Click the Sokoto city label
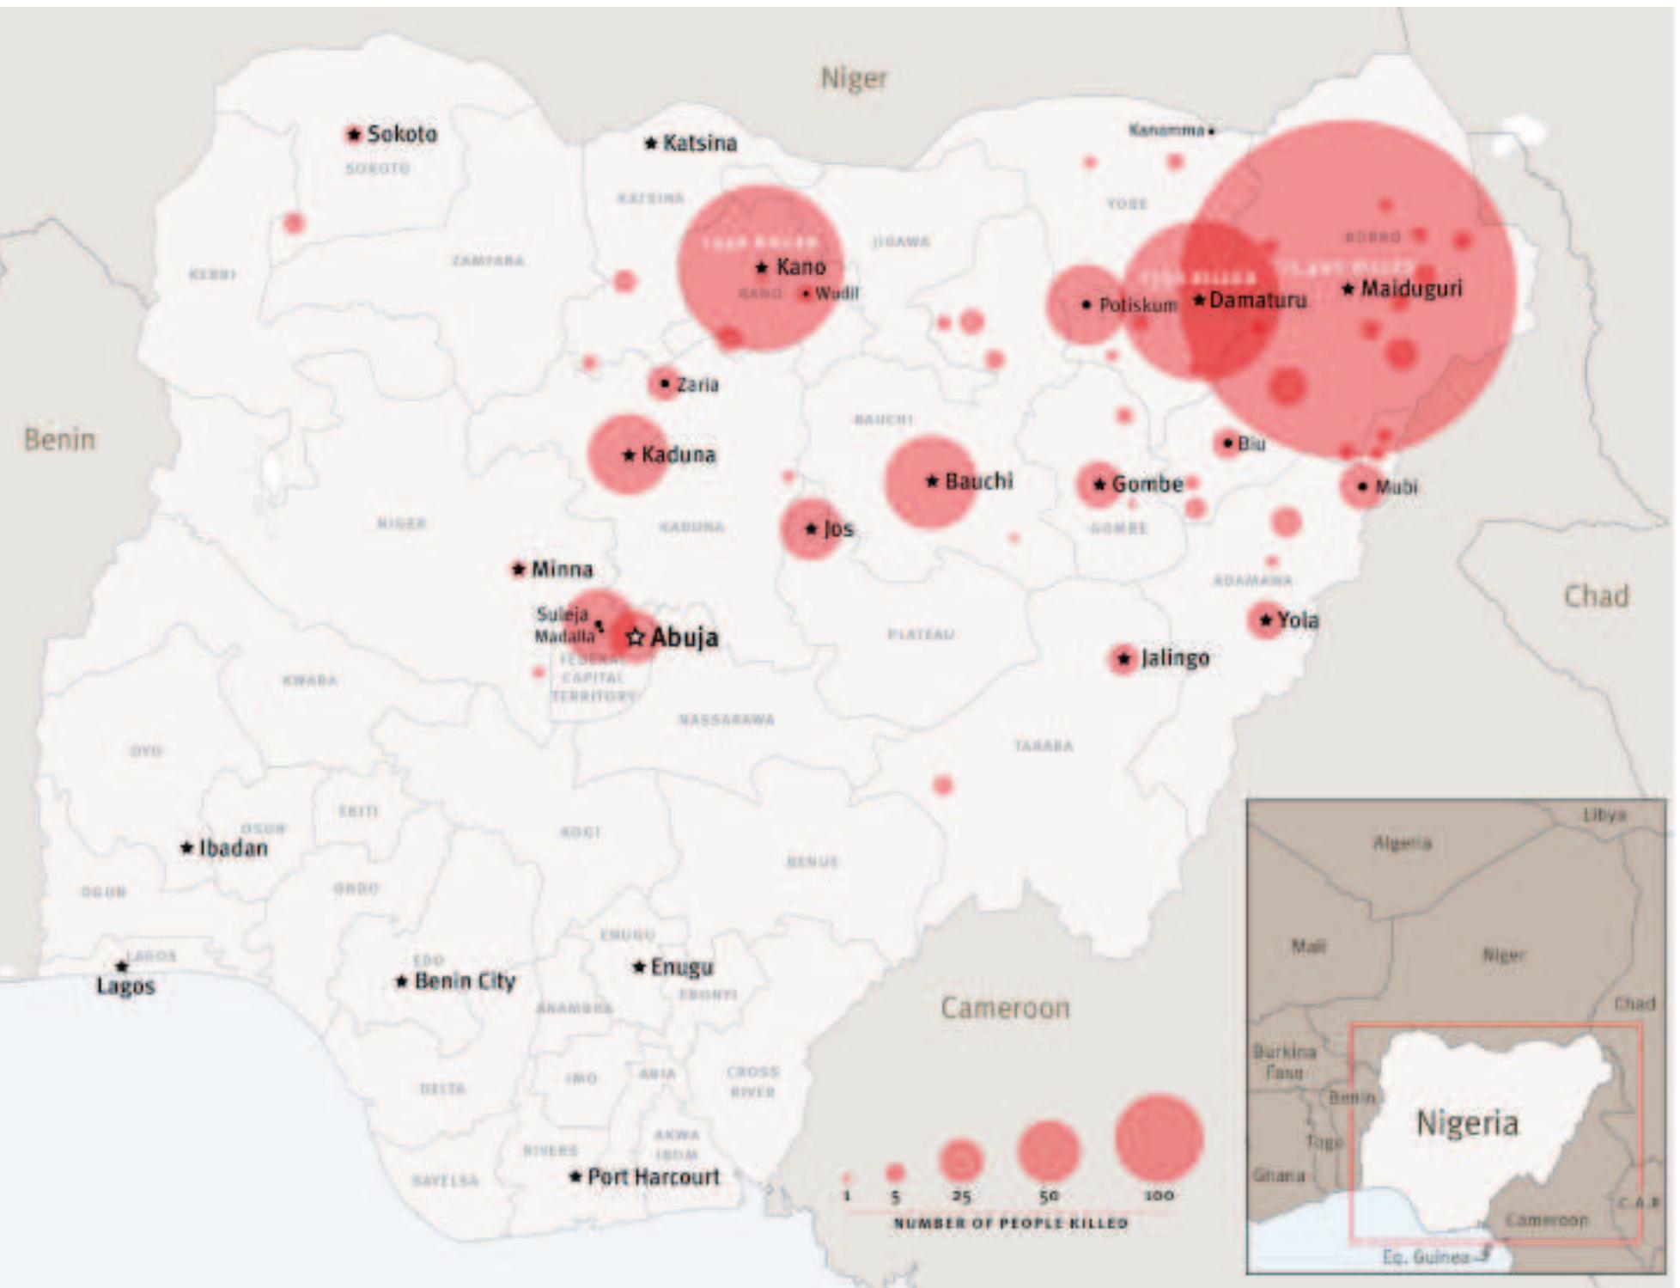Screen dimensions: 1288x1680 coord(401,134)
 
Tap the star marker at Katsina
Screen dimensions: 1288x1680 coord(651,143)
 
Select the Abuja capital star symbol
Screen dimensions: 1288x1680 coord(636,638)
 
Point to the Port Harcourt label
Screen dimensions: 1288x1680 coord(653,1176)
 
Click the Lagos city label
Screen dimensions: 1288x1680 coord(125,986)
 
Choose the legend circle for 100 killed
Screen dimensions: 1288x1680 coord(1159,1138)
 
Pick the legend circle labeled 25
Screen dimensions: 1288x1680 coord(960,1160)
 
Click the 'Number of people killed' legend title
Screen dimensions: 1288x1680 coord(1010,1223)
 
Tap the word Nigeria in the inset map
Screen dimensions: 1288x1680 coord(1466,1123)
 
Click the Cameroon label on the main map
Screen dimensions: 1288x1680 coord(1005,1007)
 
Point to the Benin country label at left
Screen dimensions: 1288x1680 coord(59,439)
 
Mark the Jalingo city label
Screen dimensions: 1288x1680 coord(1174,658)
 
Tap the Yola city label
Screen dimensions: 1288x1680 coord(1297,620)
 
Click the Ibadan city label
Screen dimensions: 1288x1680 coord(233,848)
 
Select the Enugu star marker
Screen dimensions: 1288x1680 coord(639,968)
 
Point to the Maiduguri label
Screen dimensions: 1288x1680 coord(1410,289)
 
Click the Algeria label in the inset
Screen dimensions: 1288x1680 coord(1402,843)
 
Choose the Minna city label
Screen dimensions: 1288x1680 coord(561,569)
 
